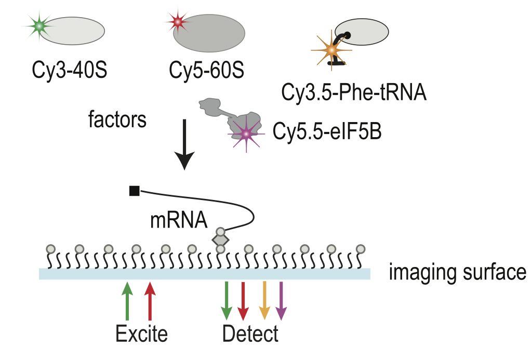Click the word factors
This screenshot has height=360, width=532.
click(x=117, y=120)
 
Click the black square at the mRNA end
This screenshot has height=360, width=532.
click(x=134, y=191)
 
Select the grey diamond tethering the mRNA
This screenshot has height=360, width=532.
click(x=220, y=240)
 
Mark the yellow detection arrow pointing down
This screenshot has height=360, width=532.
click(x=264, y=301)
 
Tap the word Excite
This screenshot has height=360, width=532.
click(x=141, y=333)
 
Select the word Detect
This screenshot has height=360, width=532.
click(x=250, y=333)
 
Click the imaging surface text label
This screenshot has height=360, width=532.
click(x=457, y=272)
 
